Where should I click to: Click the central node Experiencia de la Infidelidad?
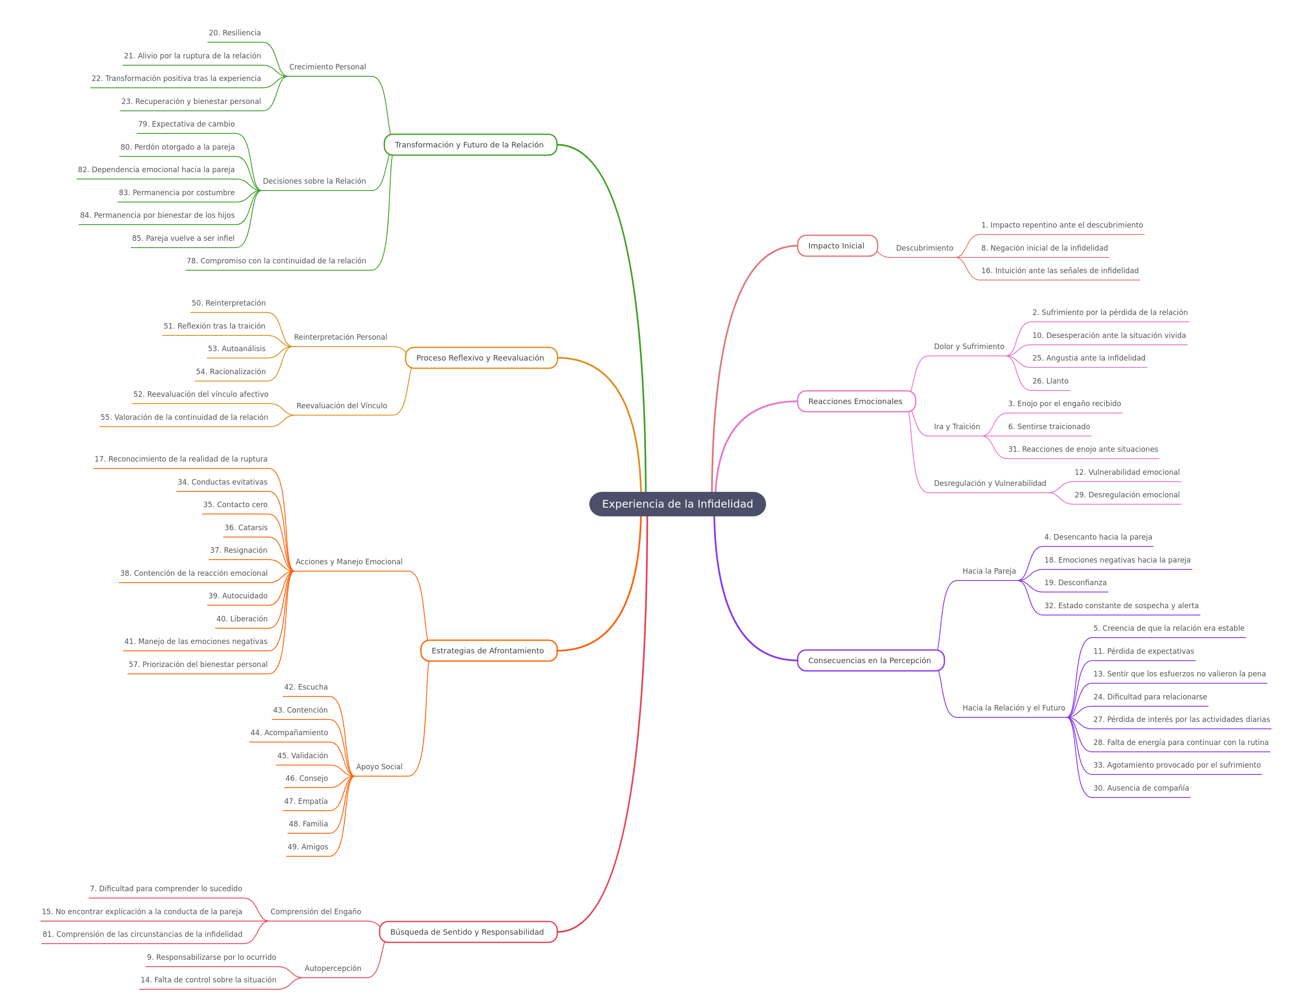677,504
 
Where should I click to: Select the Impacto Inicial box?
837,246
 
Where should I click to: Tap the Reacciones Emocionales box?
856,401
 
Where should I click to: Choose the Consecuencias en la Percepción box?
871,661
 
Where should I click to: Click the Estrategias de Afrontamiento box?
488,651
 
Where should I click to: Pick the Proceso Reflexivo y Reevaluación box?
481,358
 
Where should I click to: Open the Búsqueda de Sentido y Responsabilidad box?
468,932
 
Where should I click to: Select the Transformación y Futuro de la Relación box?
470,144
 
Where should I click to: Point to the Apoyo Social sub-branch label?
379,767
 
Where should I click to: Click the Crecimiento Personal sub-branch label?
328,66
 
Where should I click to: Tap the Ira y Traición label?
957,427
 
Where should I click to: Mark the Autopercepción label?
333,968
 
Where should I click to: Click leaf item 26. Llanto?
1050,381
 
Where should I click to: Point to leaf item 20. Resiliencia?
234,33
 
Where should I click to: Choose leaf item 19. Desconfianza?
1076,583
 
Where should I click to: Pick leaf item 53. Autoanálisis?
236,349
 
